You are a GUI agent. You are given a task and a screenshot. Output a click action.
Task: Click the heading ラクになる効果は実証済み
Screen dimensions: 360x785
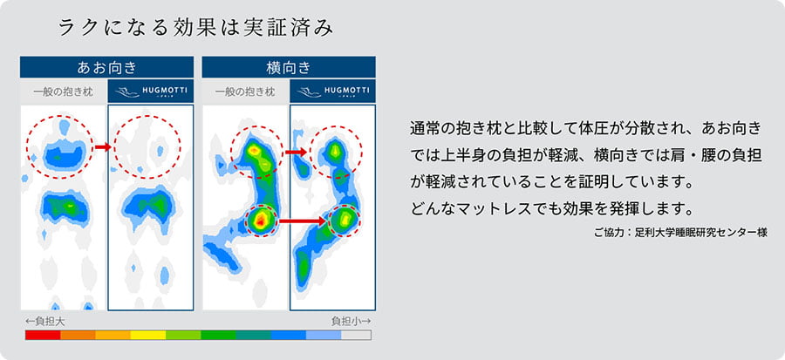tap(195, 28)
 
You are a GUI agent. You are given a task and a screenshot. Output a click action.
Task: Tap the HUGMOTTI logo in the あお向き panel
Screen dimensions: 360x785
tap(149, 92)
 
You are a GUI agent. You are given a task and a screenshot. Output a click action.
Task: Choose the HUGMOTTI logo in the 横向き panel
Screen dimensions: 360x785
tap(332, 92)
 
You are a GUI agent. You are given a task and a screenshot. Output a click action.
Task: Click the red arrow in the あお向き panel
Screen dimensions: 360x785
tap(102, 146)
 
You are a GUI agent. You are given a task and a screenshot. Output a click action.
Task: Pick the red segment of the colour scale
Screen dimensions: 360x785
tap(43, 335)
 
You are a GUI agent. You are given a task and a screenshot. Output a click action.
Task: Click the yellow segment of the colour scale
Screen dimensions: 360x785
tap(147, 335)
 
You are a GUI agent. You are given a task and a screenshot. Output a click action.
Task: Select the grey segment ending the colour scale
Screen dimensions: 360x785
tap(356, 335)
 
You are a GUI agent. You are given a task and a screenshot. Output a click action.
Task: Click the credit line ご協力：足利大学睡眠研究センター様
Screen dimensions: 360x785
tap(679, 233)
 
